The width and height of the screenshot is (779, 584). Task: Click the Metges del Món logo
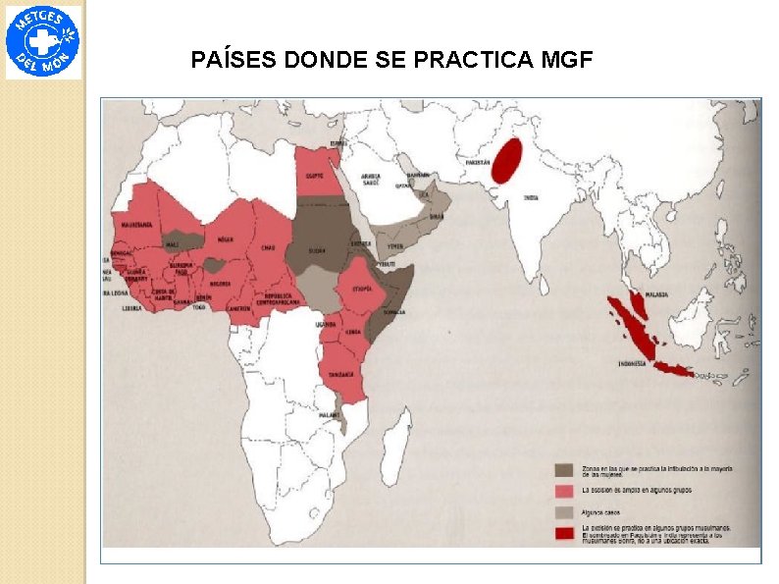click(43, 42)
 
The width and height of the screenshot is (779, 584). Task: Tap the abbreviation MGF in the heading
click(566, 62)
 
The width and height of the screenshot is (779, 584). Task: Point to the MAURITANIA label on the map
click(135, 225)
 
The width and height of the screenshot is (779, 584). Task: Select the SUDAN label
click(317, 250)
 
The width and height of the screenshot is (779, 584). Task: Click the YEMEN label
click(394, 246)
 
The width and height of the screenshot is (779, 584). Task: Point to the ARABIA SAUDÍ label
click(371, 181)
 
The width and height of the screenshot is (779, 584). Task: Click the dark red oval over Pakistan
click(506, 161)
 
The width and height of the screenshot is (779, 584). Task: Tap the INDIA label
click(531, 197)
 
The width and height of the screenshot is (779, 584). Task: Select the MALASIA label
click(656, 293)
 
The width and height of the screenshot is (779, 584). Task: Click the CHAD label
click(267, 247)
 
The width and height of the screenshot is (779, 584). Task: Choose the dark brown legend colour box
click(563, 470)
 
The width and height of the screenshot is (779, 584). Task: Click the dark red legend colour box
click(563, 533)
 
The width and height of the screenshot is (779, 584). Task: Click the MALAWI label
click(330, 414)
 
